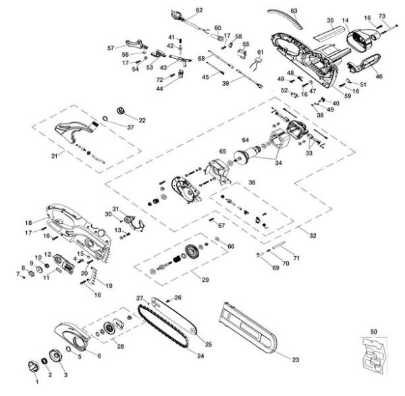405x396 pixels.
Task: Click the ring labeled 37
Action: [105, 122]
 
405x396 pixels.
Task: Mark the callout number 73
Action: [381, 16]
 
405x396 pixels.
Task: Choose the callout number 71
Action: [296, 258]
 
